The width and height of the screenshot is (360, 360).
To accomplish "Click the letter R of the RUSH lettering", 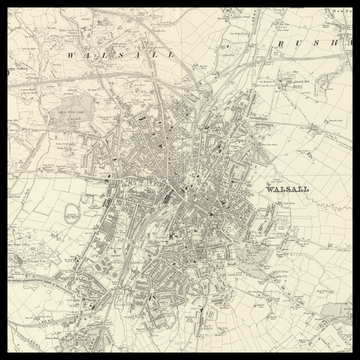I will click(x=282, y=45).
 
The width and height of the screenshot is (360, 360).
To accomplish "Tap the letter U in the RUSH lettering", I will click(x=302, y=45).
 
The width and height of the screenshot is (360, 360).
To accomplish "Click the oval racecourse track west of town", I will click(x=72, y=213).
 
